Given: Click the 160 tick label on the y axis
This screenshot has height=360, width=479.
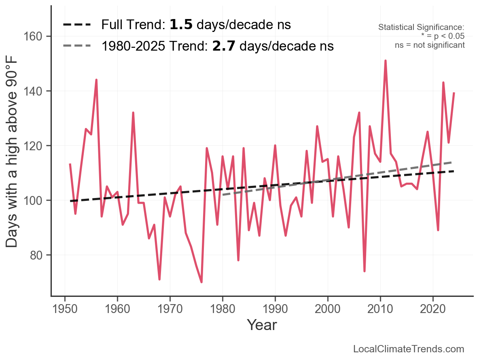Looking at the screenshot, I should click(37, 36).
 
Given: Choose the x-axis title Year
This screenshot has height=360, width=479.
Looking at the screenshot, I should click(262, 325).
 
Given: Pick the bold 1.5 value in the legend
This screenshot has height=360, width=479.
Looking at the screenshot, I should click(181, 25).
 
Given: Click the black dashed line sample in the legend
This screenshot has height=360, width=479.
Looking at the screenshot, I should click(77, 25).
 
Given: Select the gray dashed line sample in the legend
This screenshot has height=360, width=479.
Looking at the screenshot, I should click(77, 46).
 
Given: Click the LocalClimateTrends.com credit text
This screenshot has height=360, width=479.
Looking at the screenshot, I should click(409, 349).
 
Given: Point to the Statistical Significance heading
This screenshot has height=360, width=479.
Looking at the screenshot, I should click(421, 28).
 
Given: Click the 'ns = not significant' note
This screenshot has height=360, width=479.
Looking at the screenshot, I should click(430, 45).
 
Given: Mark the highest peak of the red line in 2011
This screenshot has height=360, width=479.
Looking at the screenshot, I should click(386, 61).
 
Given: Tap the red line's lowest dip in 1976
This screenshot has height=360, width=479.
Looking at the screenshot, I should click(201, 282).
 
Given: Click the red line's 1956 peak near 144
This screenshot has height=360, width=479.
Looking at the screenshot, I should click(96, 80).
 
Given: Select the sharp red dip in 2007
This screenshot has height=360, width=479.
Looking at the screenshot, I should click(365, 271).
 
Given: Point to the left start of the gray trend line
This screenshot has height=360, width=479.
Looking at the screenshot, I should click(223, 195).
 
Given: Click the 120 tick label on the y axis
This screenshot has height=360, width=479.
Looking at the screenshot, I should click(37, 146).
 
